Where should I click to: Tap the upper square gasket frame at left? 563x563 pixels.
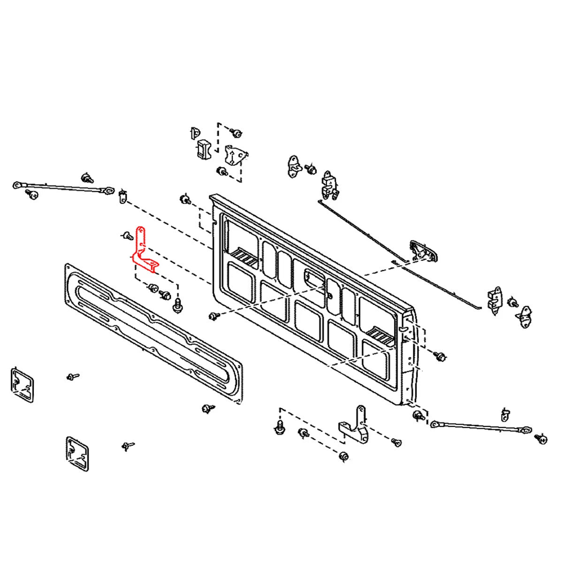[x=22, y=385]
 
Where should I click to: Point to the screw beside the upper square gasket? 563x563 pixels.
[x=72, y=376]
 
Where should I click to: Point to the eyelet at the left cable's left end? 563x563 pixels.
[x=18, y=185]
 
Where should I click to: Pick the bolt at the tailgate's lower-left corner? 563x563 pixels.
[x=214, y=317]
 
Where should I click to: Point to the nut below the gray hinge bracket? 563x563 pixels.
[x=344, y=456]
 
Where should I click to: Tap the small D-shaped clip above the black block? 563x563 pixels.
[x=194, y=132]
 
